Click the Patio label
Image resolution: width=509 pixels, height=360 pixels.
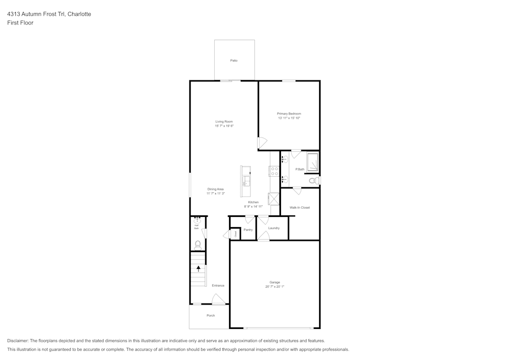tap(234, 61)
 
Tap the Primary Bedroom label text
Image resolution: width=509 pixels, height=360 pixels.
tap(289, 114)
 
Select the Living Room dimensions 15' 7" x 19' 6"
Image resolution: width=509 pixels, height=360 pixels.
tap(224, 126)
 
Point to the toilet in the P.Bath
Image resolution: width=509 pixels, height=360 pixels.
tap(314, 180)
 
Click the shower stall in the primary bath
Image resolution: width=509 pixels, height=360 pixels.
tap(313, 161)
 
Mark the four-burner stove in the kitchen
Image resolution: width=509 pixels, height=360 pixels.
tap(274, 171)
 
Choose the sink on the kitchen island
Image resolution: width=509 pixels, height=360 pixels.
tap(246, 180)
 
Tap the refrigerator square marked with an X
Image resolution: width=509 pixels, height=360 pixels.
tap(273, 198)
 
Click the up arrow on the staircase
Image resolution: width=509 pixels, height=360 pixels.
tap(199, 268)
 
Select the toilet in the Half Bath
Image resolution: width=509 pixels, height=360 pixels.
tap(197, 245)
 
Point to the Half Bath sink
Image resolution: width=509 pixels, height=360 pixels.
tap(197, 220)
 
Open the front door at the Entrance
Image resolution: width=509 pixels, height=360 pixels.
tap(219, 301)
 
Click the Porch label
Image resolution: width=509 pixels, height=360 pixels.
tap(210, 316)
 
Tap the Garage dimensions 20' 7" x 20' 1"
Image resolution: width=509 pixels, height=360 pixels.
tap(274, 287)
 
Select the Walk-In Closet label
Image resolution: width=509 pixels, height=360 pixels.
tap(299, 208)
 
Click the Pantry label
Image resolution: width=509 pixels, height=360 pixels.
tap(248, 230)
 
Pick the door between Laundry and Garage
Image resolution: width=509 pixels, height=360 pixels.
tap(263, 237)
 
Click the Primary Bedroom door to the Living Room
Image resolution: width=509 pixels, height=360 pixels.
tap(262, 143)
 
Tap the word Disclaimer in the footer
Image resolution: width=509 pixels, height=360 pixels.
tap(18, 341)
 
